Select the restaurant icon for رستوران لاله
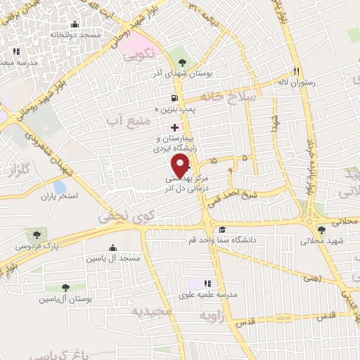point(296,72)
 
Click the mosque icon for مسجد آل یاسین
point(113,247)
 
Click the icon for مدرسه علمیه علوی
point(207,283)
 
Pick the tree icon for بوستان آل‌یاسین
point(65,288)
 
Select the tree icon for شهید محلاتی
point(321,229)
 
